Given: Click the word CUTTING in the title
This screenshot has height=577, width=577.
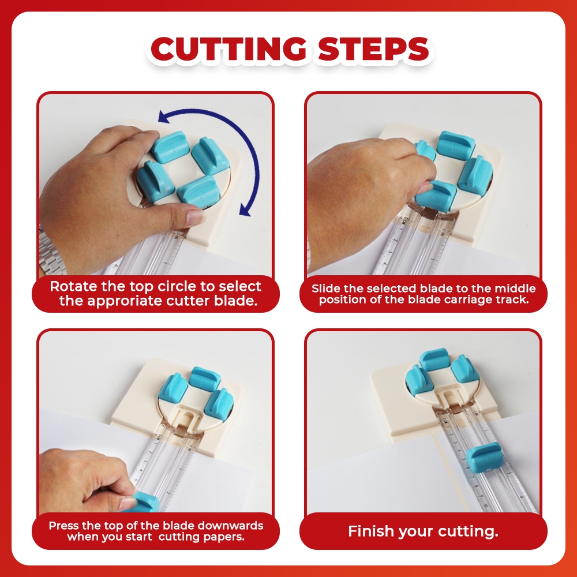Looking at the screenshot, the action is [x=228, y=48].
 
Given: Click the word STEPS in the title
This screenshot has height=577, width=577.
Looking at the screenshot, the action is [x=373, y=48].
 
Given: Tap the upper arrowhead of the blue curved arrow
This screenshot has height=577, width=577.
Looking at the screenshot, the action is [x=164, y=117].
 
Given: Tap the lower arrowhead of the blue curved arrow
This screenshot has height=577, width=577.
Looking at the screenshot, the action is [x=245, y=210].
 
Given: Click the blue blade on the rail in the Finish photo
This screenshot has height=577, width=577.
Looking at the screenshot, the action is [x=484, y=458].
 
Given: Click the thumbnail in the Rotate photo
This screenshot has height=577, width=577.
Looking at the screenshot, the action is [x=195, y=216].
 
